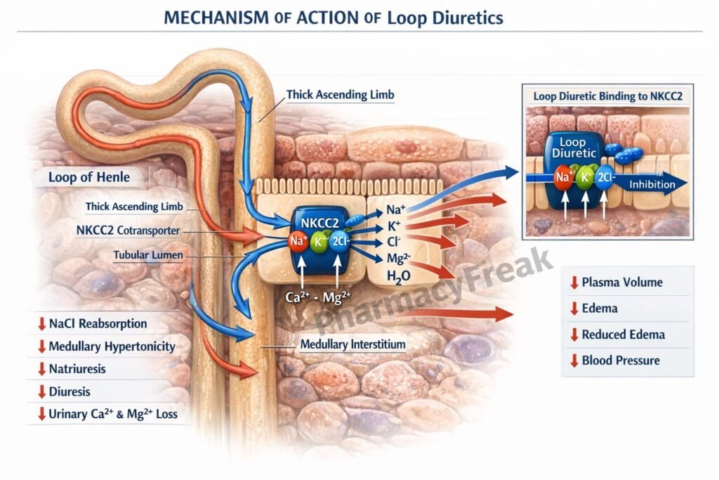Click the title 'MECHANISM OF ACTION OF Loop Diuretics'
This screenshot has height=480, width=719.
tap(333, 18)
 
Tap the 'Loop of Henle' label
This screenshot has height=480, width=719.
tap(88, 176)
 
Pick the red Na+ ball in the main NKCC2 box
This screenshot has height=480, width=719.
tap(295, 242)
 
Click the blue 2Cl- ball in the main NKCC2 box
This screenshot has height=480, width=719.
tap(340, 242)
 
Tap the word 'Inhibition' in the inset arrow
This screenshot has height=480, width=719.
tap(652, 184)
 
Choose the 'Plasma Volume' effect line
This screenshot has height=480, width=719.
tap(621, 283)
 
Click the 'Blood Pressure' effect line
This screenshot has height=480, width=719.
tap(620, 361)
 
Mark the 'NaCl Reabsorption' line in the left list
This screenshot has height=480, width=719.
tap(98, 324)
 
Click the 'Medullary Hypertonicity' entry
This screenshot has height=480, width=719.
tap(112, 346)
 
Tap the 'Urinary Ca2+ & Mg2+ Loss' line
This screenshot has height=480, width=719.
tap(112, 414)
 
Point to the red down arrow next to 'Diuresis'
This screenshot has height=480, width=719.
tap(41, 391)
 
